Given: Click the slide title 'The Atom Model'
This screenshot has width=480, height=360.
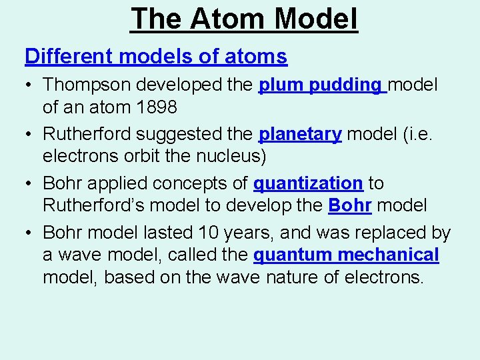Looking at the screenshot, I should pyautogui.click(x=244, y=19).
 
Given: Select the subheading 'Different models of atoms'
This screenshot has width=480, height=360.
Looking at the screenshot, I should pyautogui.click(x=156, y=57).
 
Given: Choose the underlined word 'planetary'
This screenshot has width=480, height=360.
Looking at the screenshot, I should pyautogui.click(x=300, y=135).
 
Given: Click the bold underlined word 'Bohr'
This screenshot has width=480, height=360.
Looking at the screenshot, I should pyautogui.click(x=350, y=205).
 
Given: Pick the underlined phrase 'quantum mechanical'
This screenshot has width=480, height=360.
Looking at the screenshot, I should pyautogui.click(x=346, y=255).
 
